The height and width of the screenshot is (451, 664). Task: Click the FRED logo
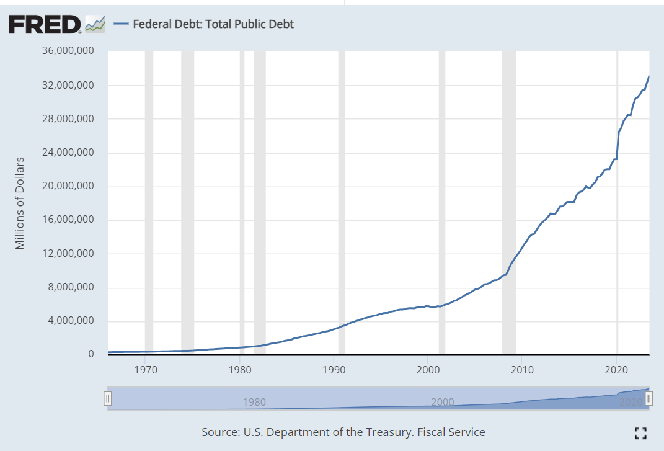pyautogui.click(x=45, y=24)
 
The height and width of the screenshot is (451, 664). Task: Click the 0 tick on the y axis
pyautogui.click(x=91, y=354)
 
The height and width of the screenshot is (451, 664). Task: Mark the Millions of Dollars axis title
pyautogui.click(x=20, y=203)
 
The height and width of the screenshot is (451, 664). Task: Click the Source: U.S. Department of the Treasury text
pyautogui.click(x=343, y=432)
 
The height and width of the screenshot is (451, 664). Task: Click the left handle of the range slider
pyautogui.click(x=108, y=399)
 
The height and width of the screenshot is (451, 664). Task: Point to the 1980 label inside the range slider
pyautogui.click(x=255, y=402)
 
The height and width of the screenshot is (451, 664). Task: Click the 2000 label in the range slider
pyautogui.click(x=443, y=402)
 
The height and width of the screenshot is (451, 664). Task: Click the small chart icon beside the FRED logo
pyautogui.click(x=95, y=24)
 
